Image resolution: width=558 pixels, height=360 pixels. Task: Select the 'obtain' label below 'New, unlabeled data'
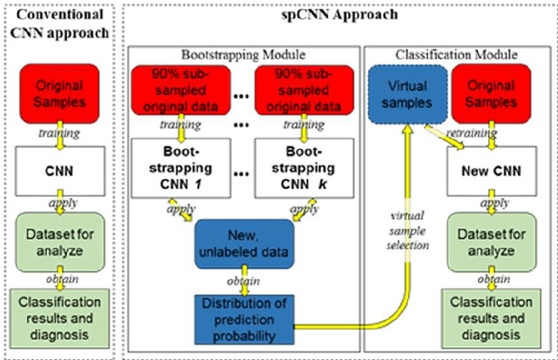(x=245, y=281)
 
